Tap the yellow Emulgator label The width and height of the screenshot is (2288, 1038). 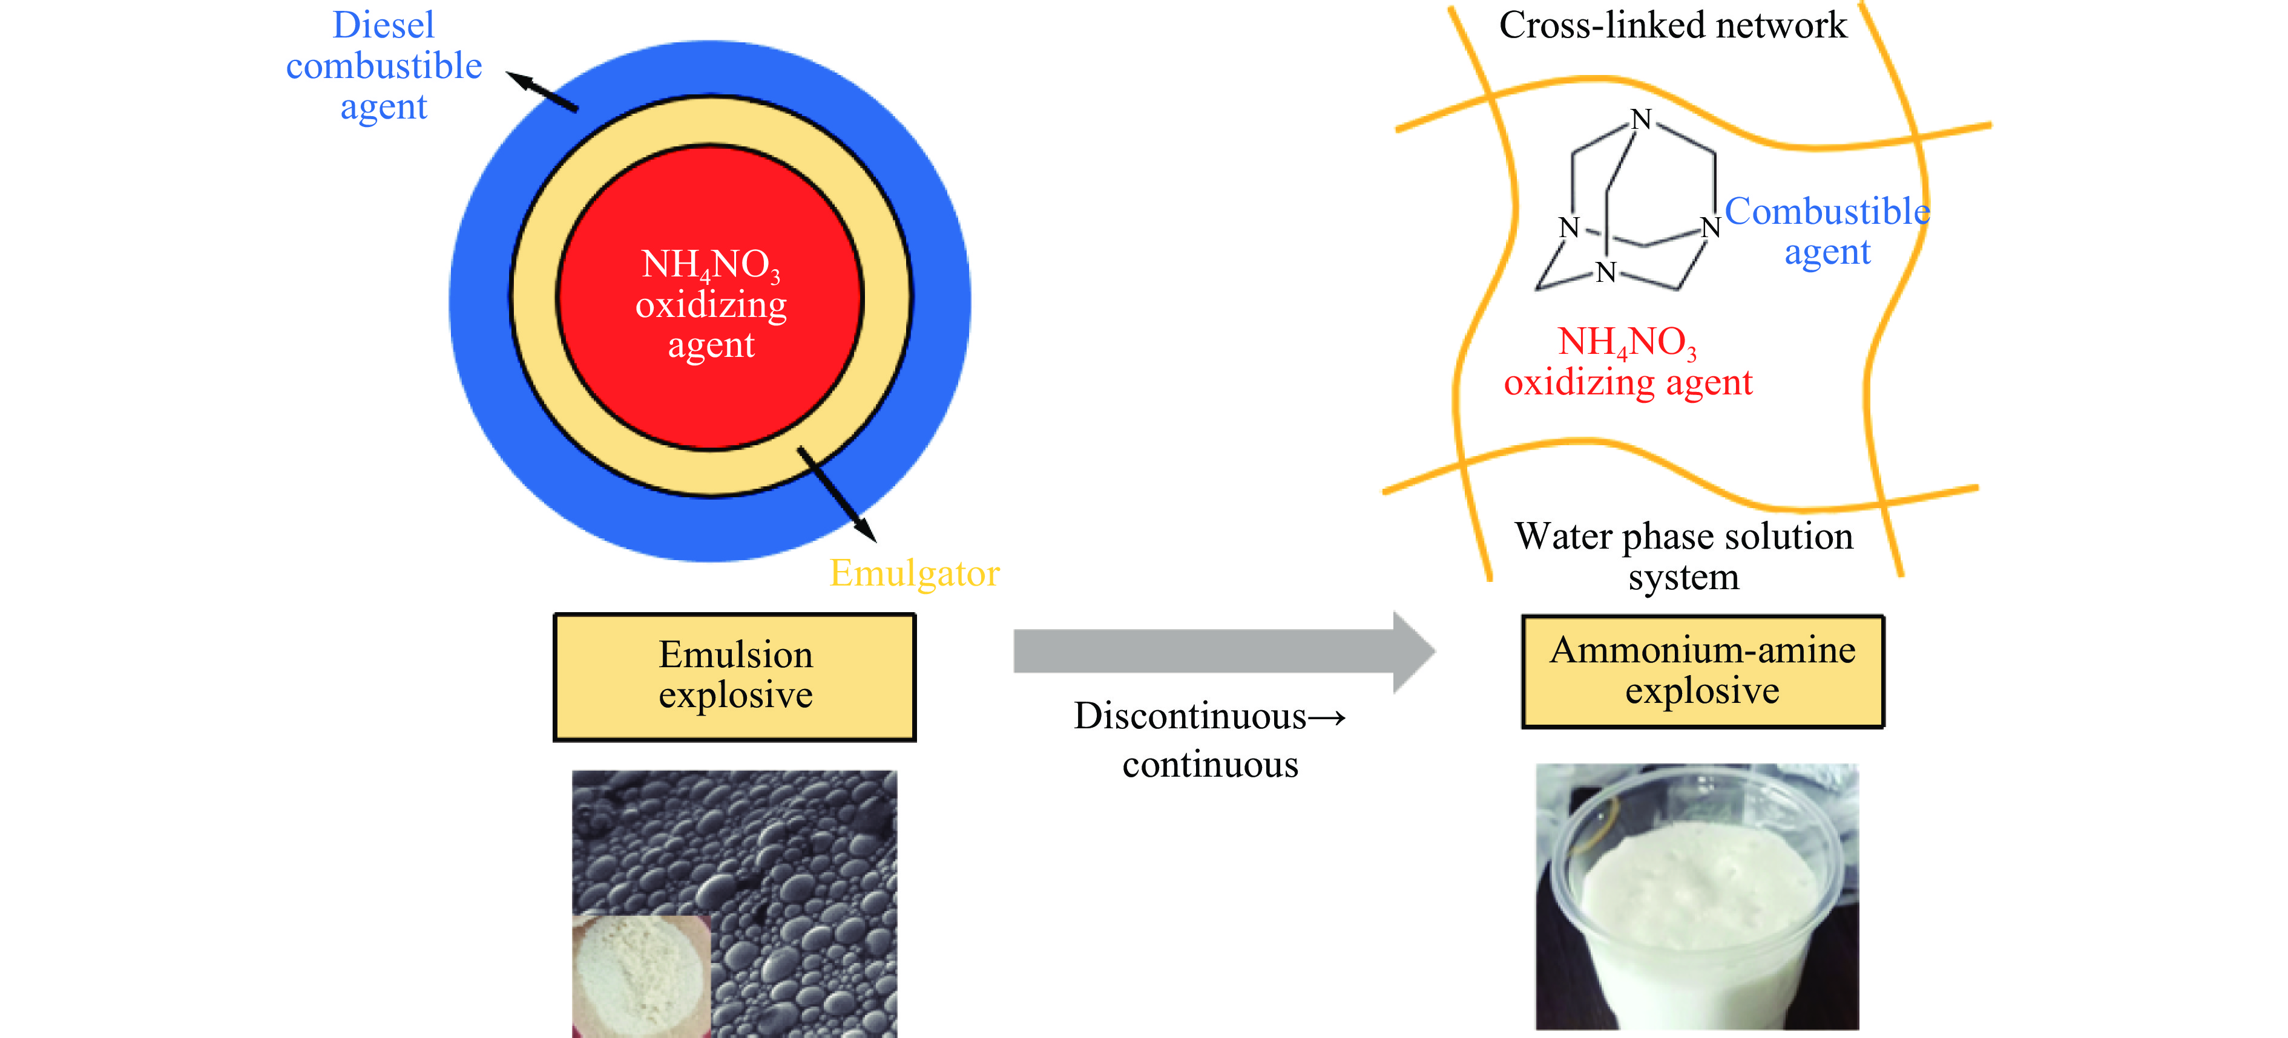(914, 573)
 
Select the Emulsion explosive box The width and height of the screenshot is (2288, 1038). (735, 677)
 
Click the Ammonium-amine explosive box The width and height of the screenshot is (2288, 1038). (1702, 671)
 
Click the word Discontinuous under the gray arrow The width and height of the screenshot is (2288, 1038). (1189, 716)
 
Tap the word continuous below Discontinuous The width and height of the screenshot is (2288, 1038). (1210, 765)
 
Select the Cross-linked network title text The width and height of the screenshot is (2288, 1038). (1672, 25)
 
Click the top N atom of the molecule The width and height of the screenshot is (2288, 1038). (1642, 119)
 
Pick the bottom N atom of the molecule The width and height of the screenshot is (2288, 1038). (1606, 272)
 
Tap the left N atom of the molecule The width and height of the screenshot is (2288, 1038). (1570, 227)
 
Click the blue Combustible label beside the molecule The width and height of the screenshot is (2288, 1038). (1827, 211)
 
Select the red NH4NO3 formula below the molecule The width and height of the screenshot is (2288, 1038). (1627, 342)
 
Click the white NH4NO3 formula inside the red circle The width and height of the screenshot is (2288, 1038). (711, 264)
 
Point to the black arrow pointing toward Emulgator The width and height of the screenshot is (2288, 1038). (836, 494)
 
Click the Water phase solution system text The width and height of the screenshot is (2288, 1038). (1683, 556)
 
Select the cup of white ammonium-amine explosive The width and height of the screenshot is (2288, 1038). (1697, 897)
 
